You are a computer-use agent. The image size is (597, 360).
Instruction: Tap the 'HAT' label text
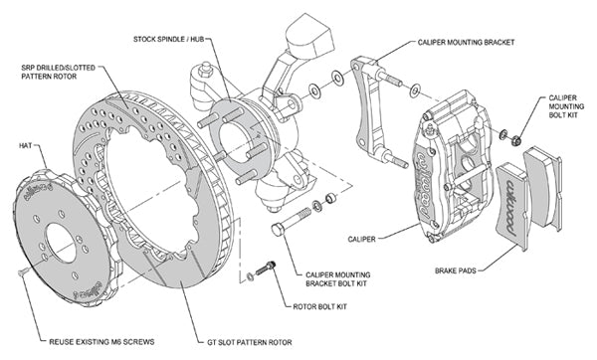point(27,145)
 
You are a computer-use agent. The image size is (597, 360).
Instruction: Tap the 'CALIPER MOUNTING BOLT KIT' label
point(567,108)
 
